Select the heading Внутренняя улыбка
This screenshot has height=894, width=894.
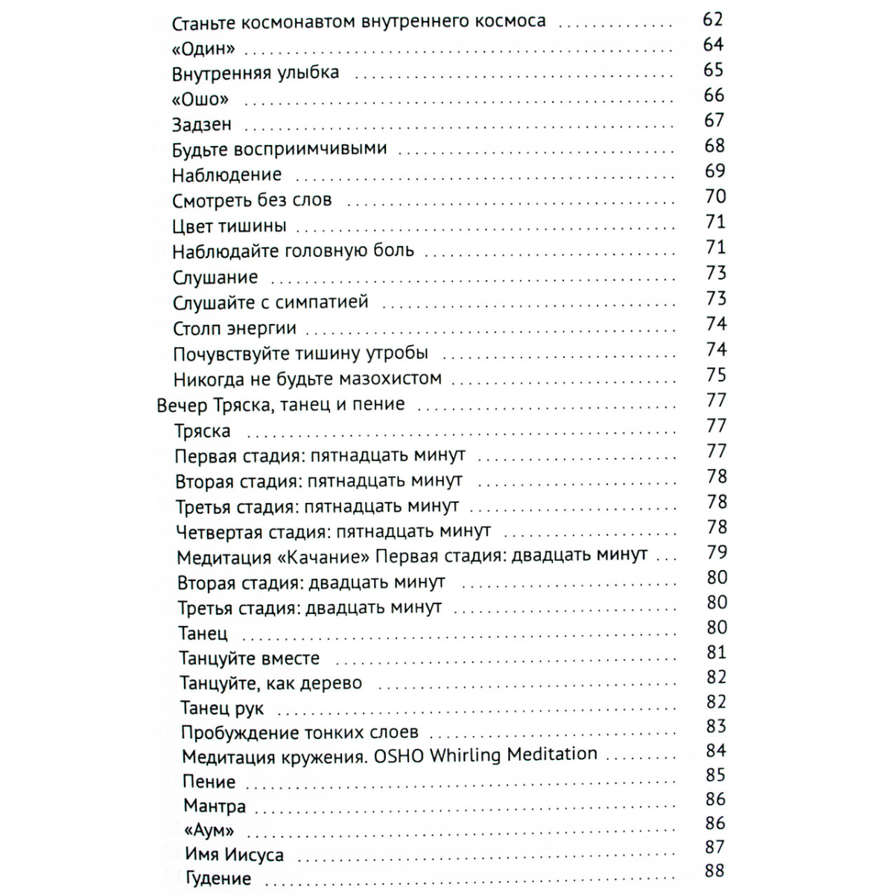(x=255, y=74)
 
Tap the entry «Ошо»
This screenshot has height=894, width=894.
(x=200, y=99)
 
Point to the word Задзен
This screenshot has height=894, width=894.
(x=201, y=124)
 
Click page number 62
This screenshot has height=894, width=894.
(x=713, y=19)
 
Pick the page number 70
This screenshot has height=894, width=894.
(x=715, y=197)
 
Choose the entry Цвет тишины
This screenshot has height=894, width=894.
(x=229, y=226)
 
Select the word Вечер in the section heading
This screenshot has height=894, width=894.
(x=183, y=405)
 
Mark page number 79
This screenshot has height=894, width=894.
(x=717, y=552)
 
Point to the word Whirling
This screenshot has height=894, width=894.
(x=465, y=755)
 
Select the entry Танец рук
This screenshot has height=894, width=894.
(x=221, y=708)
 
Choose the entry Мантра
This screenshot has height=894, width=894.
(x=214, y=806)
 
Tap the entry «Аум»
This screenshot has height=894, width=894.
(x=209, y=830)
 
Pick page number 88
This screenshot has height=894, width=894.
(x=714, y=870)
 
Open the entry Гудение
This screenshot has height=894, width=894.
(x=218, y=879)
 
